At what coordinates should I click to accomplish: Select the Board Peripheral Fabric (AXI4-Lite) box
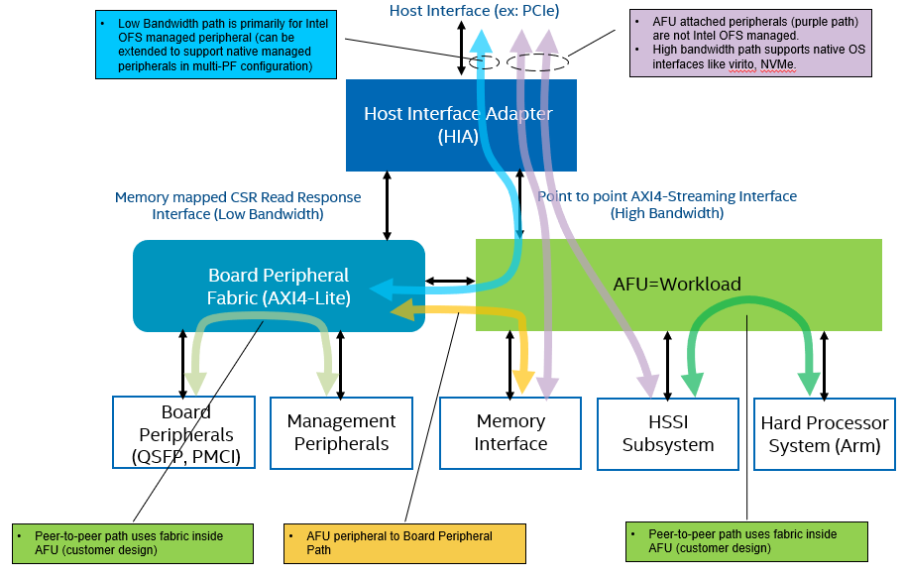(x=279, y=286)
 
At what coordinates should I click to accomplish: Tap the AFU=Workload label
(x=677, y=284)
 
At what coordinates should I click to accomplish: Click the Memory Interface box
(x=509, y=433)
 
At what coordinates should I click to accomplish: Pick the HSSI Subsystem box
(x=668, y=433)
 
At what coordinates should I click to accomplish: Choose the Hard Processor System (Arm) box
(x=825, y=434)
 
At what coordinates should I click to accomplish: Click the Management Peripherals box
(x=341, y=433)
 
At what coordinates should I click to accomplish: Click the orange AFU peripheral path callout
(x=404, y=542)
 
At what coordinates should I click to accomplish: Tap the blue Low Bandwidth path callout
(x=202, y=45)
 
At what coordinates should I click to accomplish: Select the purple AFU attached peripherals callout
(x=750, y=43)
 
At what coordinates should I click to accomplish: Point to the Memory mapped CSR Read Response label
(x=238, y=205)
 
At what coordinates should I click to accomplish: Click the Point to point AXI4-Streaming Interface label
(x=666, y=204)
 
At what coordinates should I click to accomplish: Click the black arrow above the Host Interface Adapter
(x=461, y=48)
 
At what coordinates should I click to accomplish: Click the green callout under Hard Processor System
(x=746, y=541)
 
